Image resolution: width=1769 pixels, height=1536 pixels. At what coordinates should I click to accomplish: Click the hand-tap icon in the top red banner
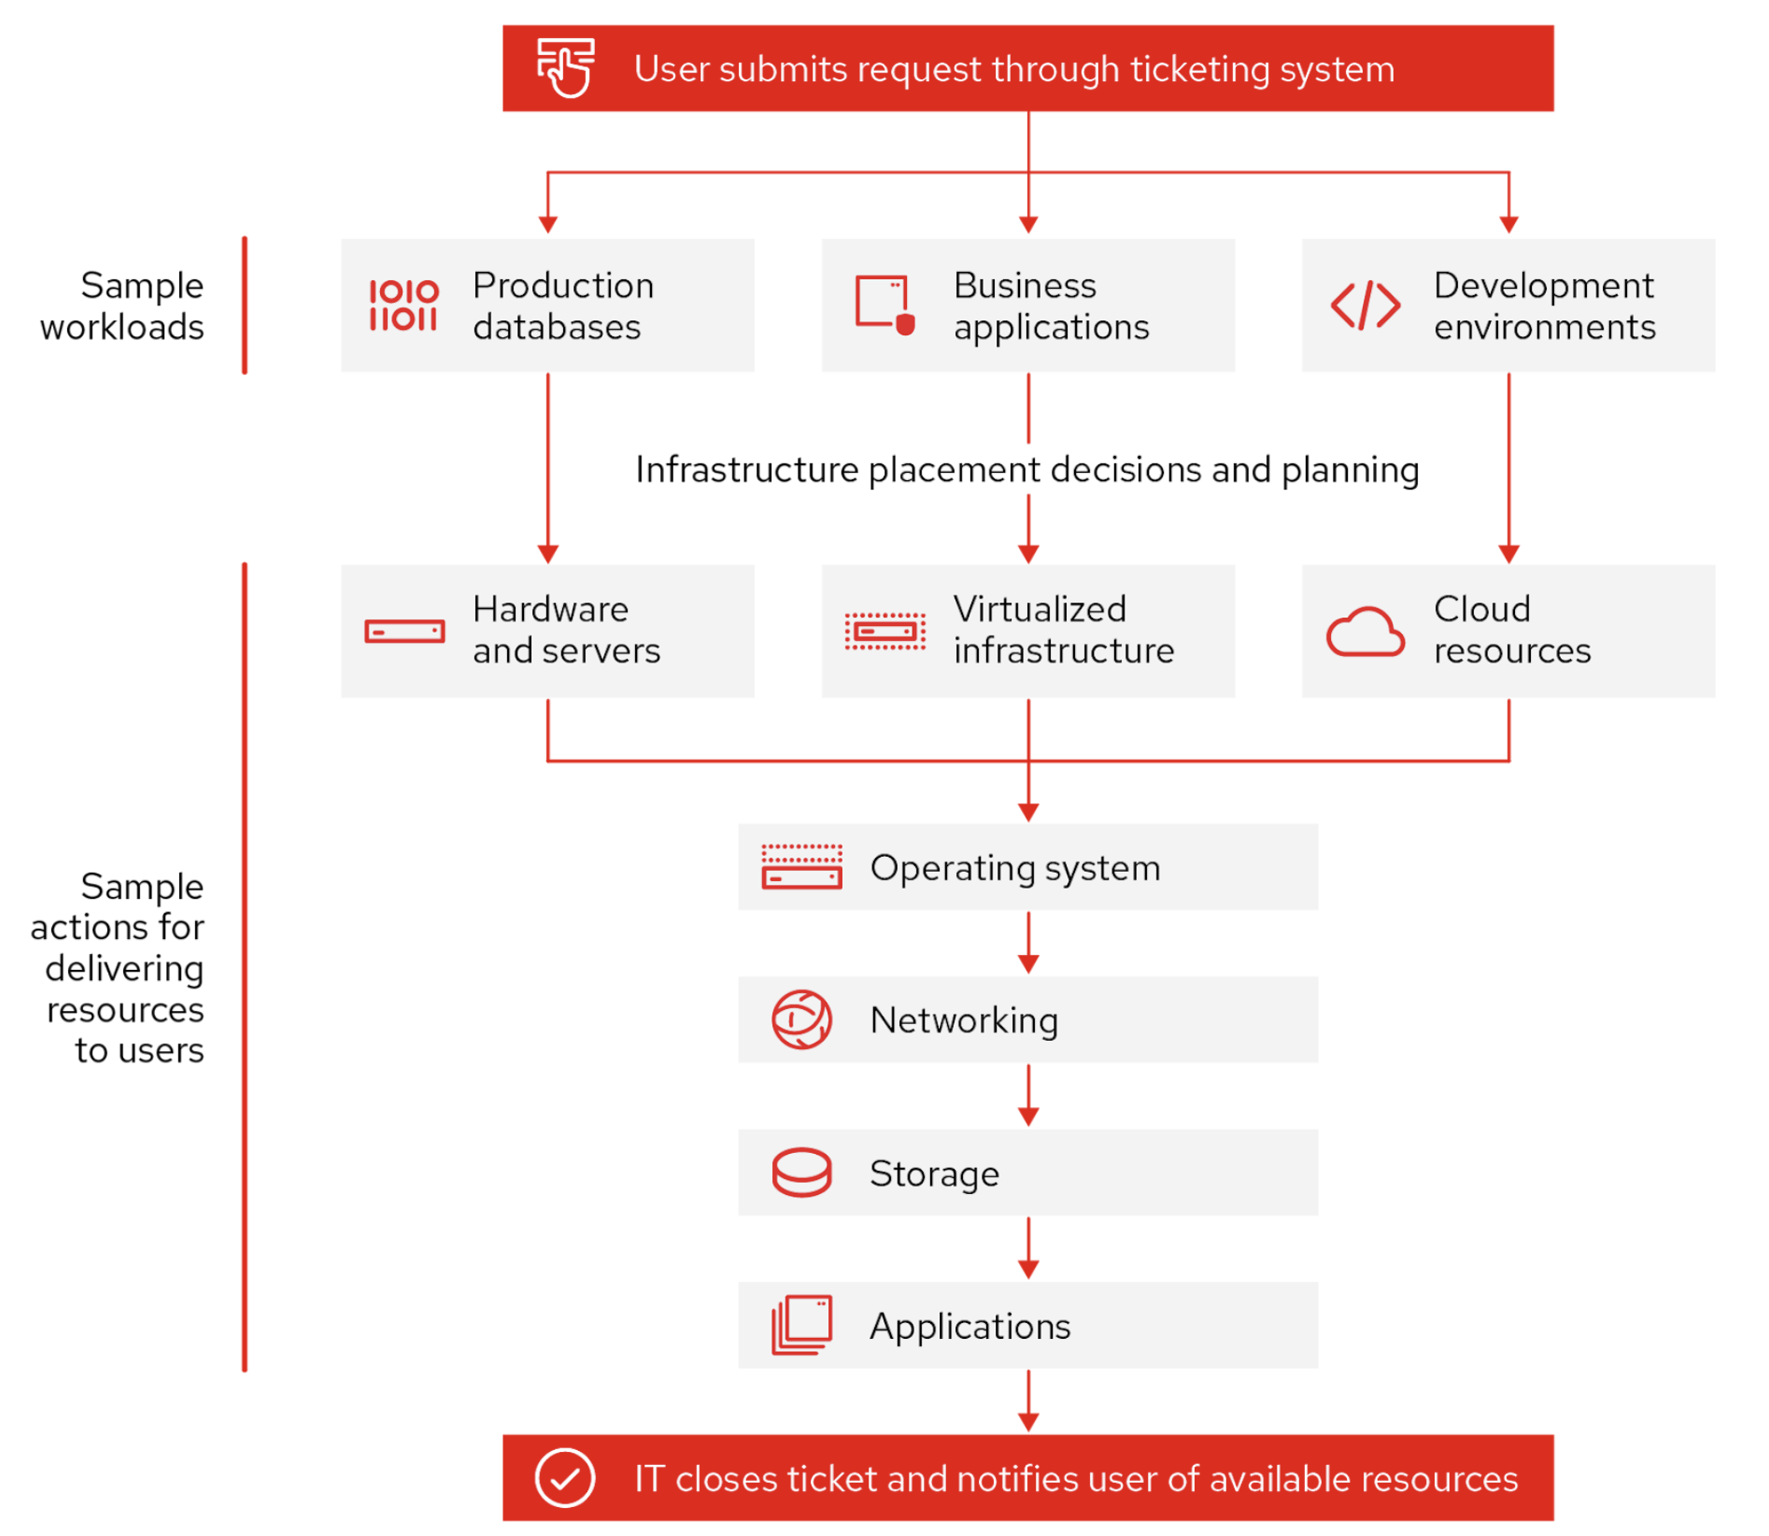pos(565,67)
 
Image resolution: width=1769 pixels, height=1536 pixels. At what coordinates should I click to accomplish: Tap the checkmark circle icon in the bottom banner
pos(565,1477)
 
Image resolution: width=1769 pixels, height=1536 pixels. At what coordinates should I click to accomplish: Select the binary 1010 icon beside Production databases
pos(403,306)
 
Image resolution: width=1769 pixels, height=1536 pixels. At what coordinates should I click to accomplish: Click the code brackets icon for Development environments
pos(1365,306)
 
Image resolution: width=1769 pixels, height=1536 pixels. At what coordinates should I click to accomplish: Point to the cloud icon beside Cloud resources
pos(1365,633)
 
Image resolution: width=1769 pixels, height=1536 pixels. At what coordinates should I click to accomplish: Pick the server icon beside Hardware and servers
pos(404,632)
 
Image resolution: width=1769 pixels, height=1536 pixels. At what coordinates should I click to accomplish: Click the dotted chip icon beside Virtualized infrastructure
pos(884,632)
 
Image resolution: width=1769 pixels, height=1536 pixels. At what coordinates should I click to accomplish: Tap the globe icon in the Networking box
pos(801,1019)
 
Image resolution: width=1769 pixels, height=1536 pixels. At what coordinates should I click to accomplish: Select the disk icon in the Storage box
pos(801,1172)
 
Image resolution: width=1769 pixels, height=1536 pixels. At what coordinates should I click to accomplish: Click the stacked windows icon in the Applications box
pos(801,1324)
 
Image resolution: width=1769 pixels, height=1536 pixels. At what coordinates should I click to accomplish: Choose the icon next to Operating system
pos(801,866)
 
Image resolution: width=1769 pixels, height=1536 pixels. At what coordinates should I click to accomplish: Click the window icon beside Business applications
pos(884,305)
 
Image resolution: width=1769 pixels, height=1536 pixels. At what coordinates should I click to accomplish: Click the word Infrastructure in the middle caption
pos(746,470)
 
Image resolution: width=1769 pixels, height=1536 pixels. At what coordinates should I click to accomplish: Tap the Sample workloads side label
pos(122,306)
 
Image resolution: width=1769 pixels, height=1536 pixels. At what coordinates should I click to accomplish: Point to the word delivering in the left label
pos(124,968)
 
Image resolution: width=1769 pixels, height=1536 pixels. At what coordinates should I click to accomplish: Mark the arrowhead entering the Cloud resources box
pos(1508,554)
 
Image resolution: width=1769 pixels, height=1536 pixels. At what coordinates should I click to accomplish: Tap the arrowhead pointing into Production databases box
pos(548,225)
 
